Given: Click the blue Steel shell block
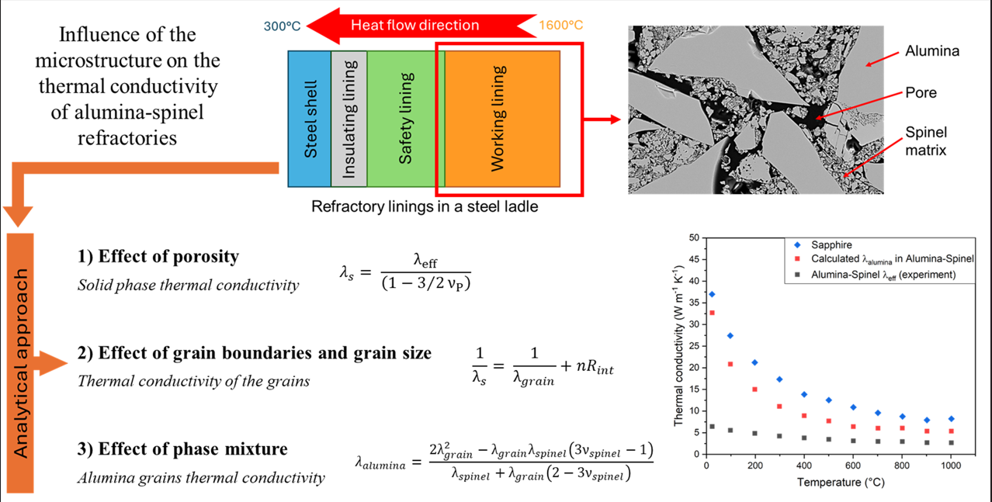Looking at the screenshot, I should click(x=309, y=118).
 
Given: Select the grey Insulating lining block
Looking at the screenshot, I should click(x=349, y=118).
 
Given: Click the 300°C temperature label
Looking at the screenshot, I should click(x=282, y=26).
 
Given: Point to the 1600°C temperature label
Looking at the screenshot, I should click(x=560, y=26).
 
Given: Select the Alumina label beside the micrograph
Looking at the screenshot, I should click(x=932, y=51).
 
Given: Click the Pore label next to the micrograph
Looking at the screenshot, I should click(x=921, y=92).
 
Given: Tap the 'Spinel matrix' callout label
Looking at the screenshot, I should click(x=926, y=141).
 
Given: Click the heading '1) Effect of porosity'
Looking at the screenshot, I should click(x=158, y=256).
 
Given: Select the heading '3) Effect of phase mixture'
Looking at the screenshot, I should click(x=182, y=448).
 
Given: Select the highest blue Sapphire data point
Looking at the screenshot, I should click(x=712, y=295).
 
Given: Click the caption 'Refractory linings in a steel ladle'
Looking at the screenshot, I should click(x=425, y=207).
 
